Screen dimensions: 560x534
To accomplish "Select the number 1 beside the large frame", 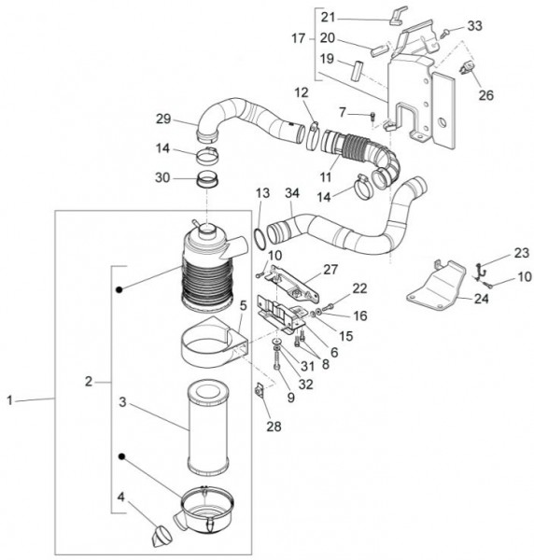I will (x=11, y=400).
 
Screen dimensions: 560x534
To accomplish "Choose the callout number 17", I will (x=298, y=38).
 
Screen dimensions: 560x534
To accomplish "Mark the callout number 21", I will (x=327, y=17).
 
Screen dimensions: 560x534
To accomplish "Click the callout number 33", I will (x=474, y=25).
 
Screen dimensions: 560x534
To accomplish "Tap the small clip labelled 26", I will (x=466, y=66).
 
